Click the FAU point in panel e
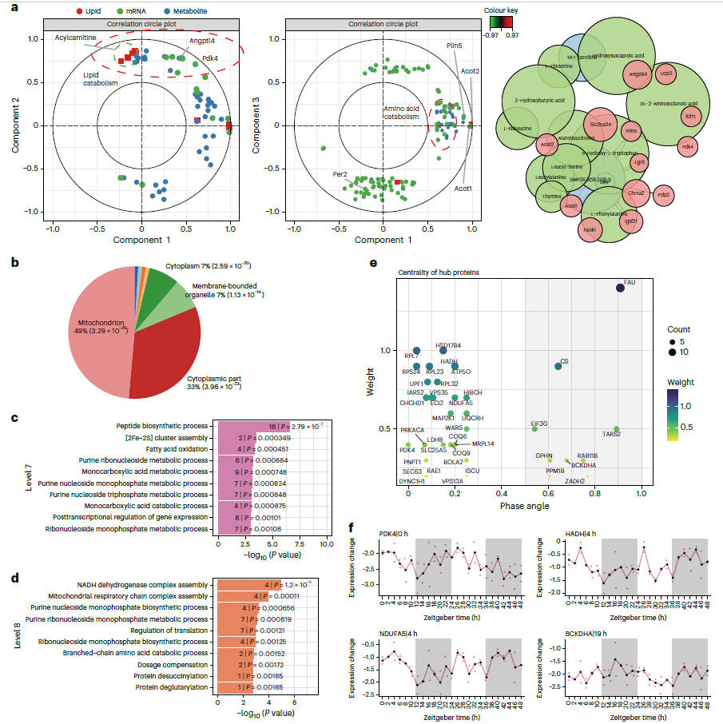click(620, 288)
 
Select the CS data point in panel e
click(558, 366)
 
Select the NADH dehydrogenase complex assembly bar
click(240, 584)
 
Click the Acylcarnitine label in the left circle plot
click(75, 38)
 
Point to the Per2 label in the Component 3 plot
click(340, 173)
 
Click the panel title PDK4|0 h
click(395, 533)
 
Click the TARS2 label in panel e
click(611, 434)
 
